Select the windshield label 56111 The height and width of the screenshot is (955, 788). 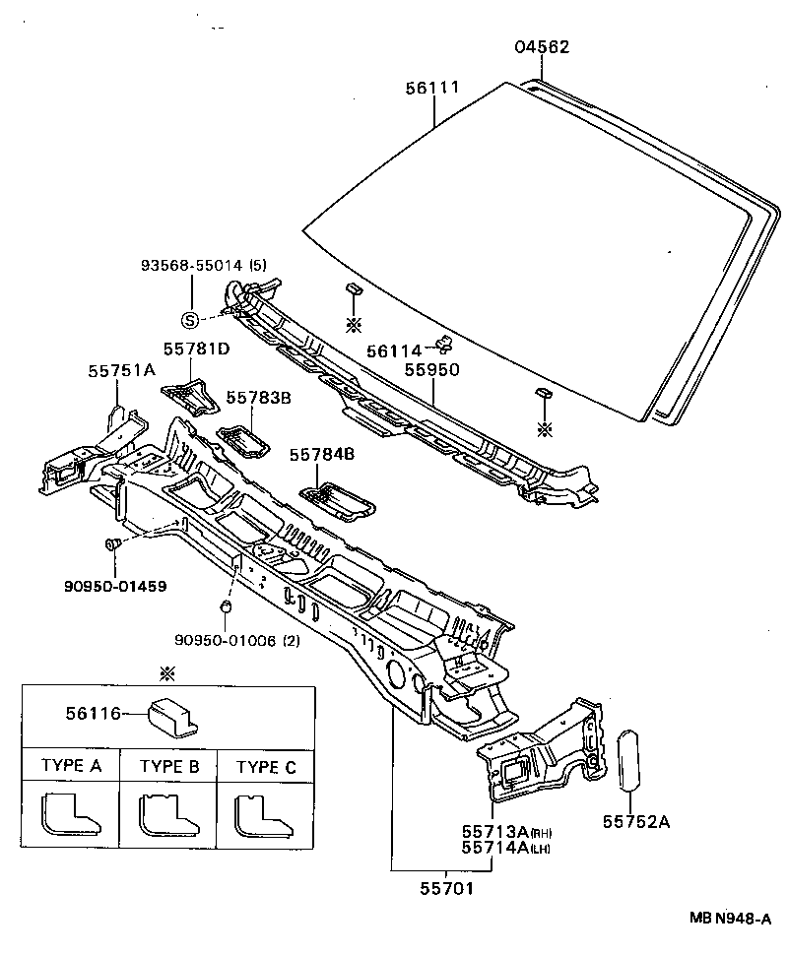432,88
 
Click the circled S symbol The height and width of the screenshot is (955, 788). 190,318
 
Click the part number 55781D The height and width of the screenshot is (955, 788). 196,349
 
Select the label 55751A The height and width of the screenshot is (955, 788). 121,370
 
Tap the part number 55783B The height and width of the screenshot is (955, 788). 258,398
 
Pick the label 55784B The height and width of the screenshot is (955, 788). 321,455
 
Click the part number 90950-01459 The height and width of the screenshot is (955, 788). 116,586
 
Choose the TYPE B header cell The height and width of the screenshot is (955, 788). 168,767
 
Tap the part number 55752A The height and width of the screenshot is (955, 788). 635,822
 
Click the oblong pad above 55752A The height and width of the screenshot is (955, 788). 628,759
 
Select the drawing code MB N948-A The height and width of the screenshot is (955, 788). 729,918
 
